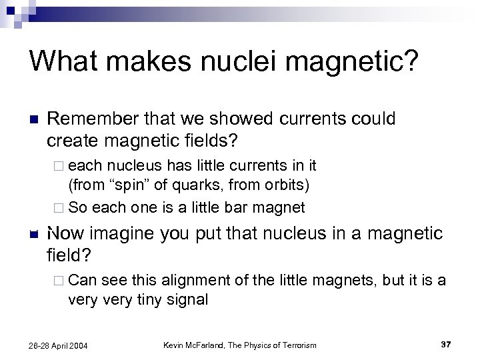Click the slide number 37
(x=446, y=344)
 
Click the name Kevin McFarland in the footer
(x=199, y=344)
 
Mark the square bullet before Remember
(x=34, y=121)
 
